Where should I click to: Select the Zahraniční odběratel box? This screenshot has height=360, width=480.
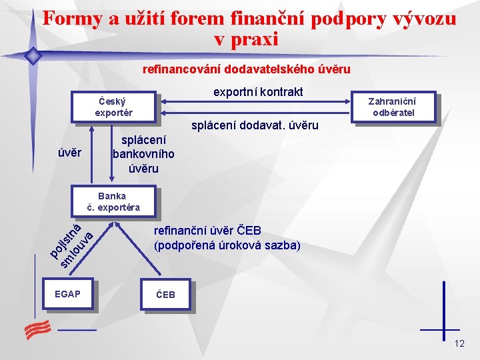[393, 107]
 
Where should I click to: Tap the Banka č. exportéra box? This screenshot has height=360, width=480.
[113, 201]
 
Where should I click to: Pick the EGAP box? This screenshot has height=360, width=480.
[68, 294]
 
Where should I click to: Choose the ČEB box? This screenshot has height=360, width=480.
[165, 295]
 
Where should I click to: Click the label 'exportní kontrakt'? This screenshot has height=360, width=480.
[257, 91]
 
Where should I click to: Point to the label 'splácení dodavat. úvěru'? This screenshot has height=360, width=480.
[255, 125]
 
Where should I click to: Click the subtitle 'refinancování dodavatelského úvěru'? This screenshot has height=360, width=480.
[246, 69]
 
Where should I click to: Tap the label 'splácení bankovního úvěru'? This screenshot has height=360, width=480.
[143, 155]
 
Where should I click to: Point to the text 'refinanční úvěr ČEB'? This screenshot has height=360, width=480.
[207, 231]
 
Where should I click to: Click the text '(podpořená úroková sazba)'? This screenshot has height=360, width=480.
[227, 245]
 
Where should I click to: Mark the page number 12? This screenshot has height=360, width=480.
[459, 343]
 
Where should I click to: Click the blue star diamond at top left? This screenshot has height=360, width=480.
[31, 56]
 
